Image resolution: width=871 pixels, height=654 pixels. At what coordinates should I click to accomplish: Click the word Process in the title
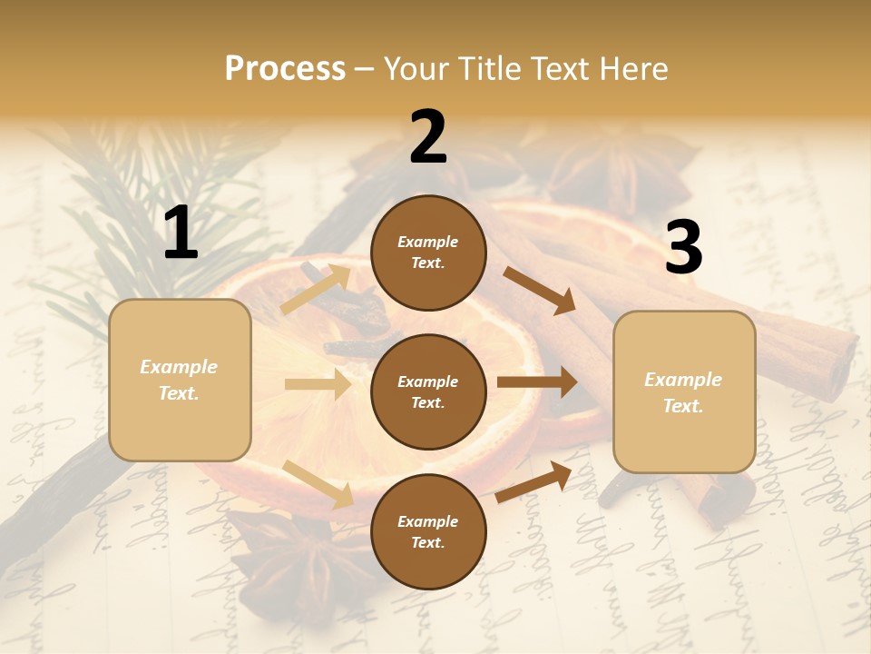click(285, 68)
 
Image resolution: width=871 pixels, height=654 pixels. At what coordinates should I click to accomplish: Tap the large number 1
click(181, 233)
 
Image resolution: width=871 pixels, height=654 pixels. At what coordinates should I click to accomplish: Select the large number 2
click(428, 137)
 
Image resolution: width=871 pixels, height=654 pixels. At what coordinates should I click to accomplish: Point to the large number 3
click(683, 248)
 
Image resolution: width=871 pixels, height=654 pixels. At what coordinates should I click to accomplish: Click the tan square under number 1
click(180, 380)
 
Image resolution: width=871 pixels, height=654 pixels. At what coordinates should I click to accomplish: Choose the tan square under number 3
click(684, 392)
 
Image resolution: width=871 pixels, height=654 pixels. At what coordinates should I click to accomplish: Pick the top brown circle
click(428, 253)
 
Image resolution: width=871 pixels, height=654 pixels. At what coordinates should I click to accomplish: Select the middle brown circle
click(428, 391)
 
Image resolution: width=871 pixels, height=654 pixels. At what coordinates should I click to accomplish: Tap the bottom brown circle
click(428, 531)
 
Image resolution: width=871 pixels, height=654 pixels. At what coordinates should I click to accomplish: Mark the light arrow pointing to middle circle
click(318, 384)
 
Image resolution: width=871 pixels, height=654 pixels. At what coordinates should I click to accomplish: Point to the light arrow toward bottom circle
click(318, 483)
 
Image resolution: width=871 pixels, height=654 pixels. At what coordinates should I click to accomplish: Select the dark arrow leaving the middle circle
click(537, 382)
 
